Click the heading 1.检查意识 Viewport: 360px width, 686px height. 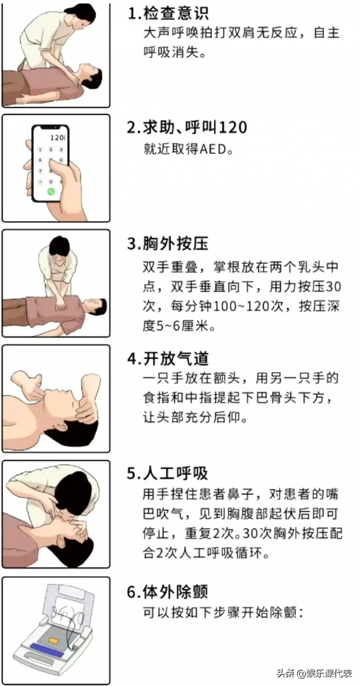(168, 14)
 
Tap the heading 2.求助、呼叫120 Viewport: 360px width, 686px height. (187, 128)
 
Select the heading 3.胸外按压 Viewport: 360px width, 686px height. (168, 243)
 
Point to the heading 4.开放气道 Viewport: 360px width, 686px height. (168, 359)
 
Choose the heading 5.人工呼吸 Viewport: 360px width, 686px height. (168, 474)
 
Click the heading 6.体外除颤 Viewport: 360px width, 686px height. (168, 592)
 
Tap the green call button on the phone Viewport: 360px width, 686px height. (51, 191)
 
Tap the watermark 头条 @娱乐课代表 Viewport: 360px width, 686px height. (314, 673)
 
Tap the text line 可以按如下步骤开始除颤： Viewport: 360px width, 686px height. (224, 612)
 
